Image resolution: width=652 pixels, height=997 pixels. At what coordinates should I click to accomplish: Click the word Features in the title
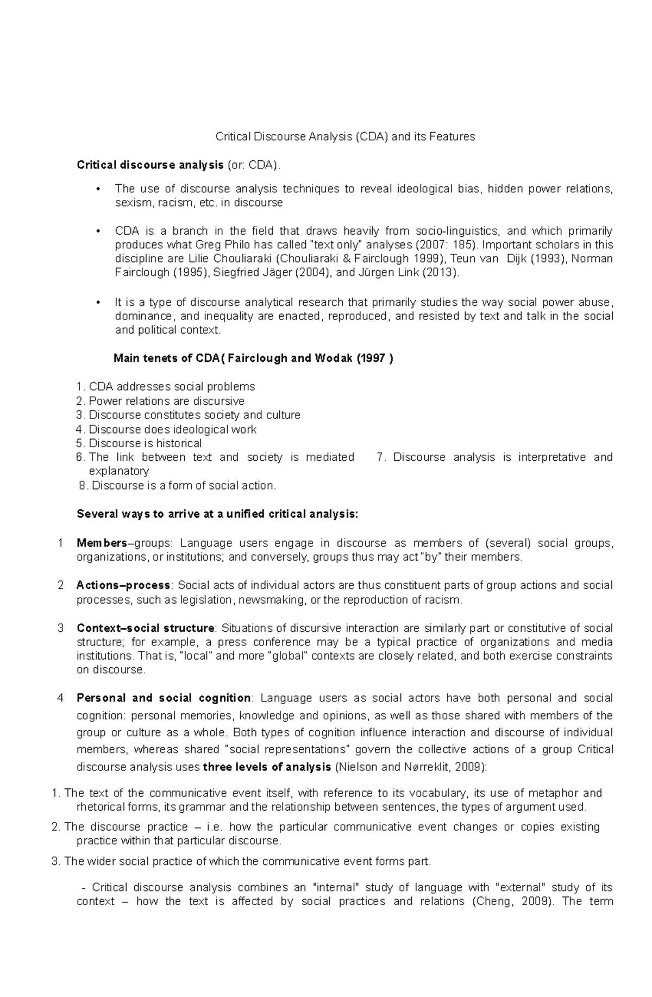[452, 136]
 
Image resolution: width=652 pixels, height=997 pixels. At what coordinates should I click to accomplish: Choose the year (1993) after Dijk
[543, 258]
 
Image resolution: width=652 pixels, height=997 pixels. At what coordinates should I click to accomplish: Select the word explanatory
[118, 471]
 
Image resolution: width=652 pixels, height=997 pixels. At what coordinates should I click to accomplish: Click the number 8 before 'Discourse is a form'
[83, 486]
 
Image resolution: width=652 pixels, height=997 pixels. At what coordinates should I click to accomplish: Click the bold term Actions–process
[123, 585]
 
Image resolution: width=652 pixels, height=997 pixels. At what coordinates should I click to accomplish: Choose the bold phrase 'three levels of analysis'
[267, 767]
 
